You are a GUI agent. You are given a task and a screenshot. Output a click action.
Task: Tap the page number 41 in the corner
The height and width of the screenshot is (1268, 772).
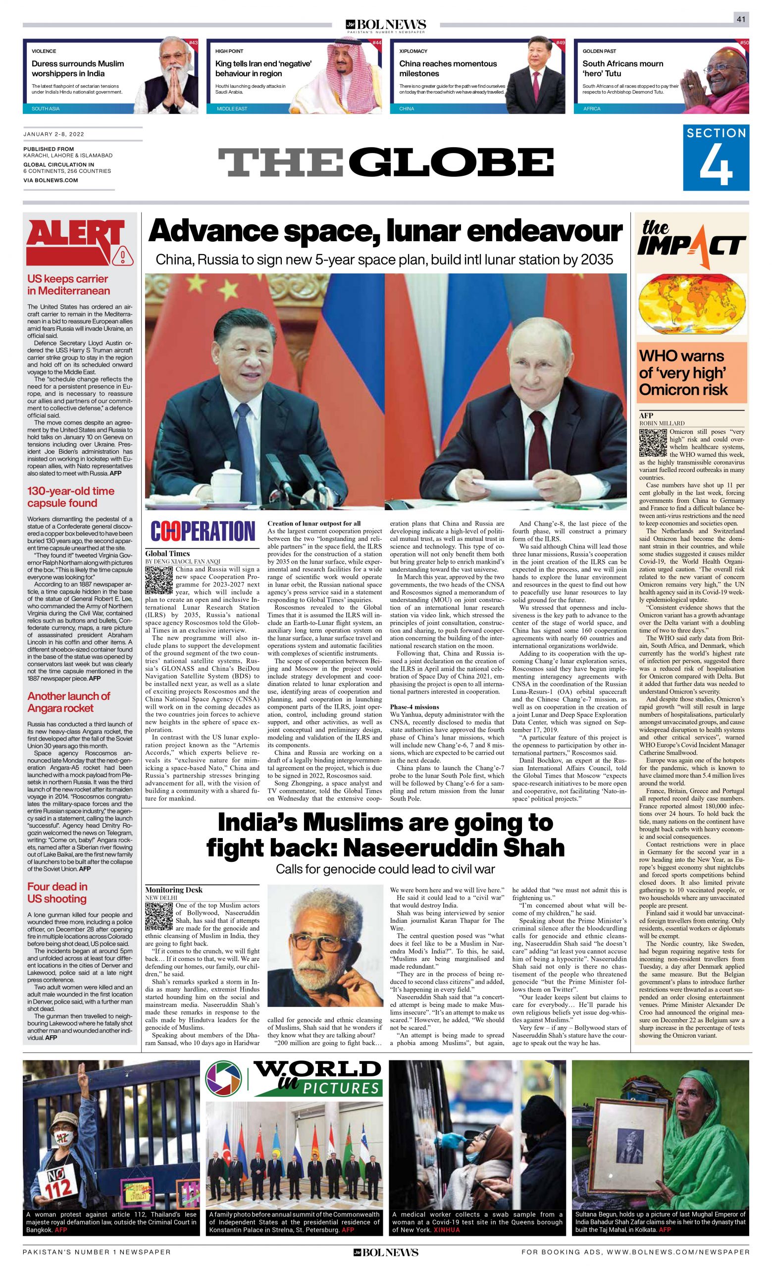pos(741,19)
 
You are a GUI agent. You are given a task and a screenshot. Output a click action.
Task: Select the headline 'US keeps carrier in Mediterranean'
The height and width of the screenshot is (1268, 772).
pos(68,285)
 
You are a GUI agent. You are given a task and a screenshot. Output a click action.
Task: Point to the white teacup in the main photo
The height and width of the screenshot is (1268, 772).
pos(224,475)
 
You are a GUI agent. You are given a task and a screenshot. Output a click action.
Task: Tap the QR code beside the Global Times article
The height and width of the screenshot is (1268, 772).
pos(159,580)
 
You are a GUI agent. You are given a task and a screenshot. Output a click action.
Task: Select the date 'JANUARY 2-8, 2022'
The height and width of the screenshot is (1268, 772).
pos(53,134)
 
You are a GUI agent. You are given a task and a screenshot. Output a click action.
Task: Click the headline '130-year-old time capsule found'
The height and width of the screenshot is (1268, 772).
pos(70,497)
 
